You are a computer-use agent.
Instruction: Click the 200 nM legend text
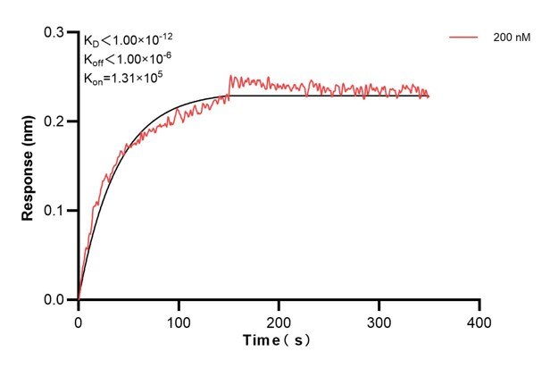pos(510,38)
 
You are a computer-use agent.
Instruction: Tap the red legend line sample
pos(465,38)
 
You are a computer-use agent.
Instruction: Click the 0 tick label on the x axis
pos(79,319)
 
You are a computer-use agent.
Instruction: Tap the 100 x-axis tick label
pos(179,319)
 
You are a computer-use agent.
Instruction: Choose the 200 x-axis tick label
pos(279,319)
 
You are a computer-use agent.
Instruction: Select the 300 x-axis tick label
pos(379,319)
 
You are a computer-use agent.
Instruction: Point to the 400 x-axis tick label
pos(479,319)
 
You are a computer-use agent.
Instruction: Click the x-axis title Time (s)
pos(279,340)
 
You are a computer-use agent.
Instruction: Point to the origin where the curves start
pos(79,300)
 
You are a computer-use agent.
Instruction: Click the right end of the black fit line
pos(429,96)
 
